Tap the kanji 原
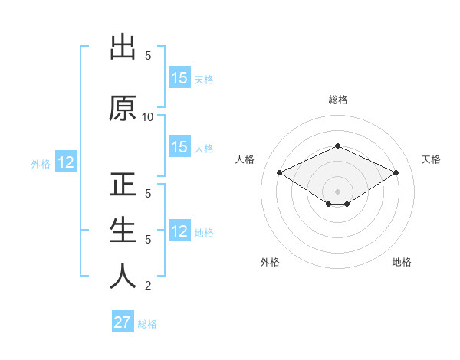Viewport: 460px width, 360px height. [x=123, y=109]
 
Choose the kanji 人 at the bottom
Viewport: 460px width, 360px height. [x=123, y=276]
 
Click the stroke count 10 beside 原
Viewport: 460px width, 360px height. [x=148, y=117]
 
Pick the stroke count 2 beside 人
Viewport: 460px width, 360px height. [x=148, y=286]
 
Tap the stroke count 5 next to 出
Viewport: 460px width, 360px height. [x=148, y=56]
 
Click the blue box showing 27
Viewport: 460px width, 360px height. [x=123, y=322]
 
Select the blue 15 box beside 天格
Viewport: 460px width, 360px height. [x=179, y=78]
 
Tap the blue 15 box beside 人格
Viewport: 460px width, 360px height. [x=179, y=147]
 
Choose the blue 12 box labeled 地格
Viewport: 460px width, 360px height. [x=179, y=231]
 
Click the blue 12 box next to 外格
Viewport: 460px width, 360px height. [x=65, y=162]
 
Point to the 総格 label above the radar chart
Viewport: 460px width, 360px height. [x=338, y=100]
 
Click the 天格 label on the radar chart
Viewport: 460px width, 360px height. [x=432, y=159]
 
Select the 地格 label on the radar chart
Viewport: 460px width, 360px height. [x=402, y=262]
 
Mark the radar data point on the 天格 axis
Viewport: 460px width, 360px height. [x=396, y=173]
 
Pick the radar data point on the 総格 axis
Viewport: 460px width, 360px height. [x=338, y=146]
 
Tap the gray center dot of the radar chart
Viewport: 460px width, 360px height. [x=338, y=191]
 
